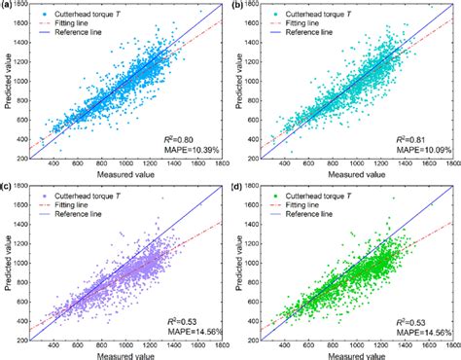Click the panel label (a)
tap(8, 7)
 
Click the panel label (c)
tap(8, 186)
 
